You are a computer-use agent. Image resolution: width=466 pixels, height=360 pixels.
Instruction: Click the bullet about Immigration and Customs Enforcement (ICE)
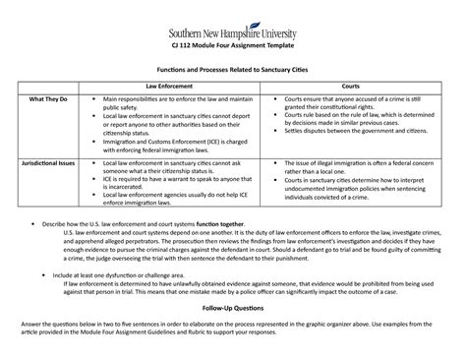tap(177, 146)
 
